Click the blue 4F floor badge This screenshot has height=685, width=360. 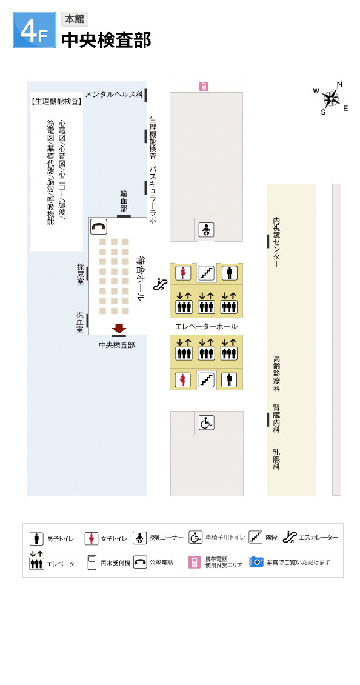(x=35, y=30)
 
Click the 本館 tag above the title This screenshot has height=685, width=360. (x=75, y=19)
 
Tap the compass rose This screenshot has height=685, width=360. (x=332, y=98)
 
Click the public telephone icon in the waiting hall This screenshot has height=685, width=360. (x=99, y=227)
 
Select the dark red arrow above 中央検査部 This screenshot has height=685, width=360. (x=119, y=329)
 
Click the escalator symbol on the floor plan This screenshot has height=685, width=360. (x=161, y=285)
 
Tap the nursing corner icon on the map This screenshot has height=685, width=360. (x=206, y=229)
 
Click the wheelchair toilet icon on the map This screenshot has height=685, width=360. (x=206, y=423)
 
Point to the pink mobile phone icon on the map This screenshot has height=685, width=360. (x=204, y=87)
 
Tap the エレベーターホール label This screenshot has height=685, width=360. (x=206, y=326)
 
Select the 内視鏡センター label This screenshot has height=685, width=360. (x=276, y=243)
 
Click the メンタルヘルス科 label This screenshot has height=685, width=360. (x=115, y=94)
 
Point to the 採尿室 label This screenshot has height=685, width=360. (x=80, y=274)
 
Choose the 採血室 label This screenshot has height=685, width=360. (x=80, y=321)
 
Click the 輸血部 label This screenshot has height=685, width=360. (x=124, y=201)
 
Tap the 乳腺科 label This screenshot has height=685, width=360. (x=276, y=459)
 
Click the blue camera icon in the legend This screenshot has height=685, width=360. (x=256, y=561)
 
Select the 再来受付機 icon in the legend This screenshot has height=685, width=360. (x=92, y=562)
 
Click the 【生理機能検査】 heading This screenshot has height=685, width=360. (x=57, y=101)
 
